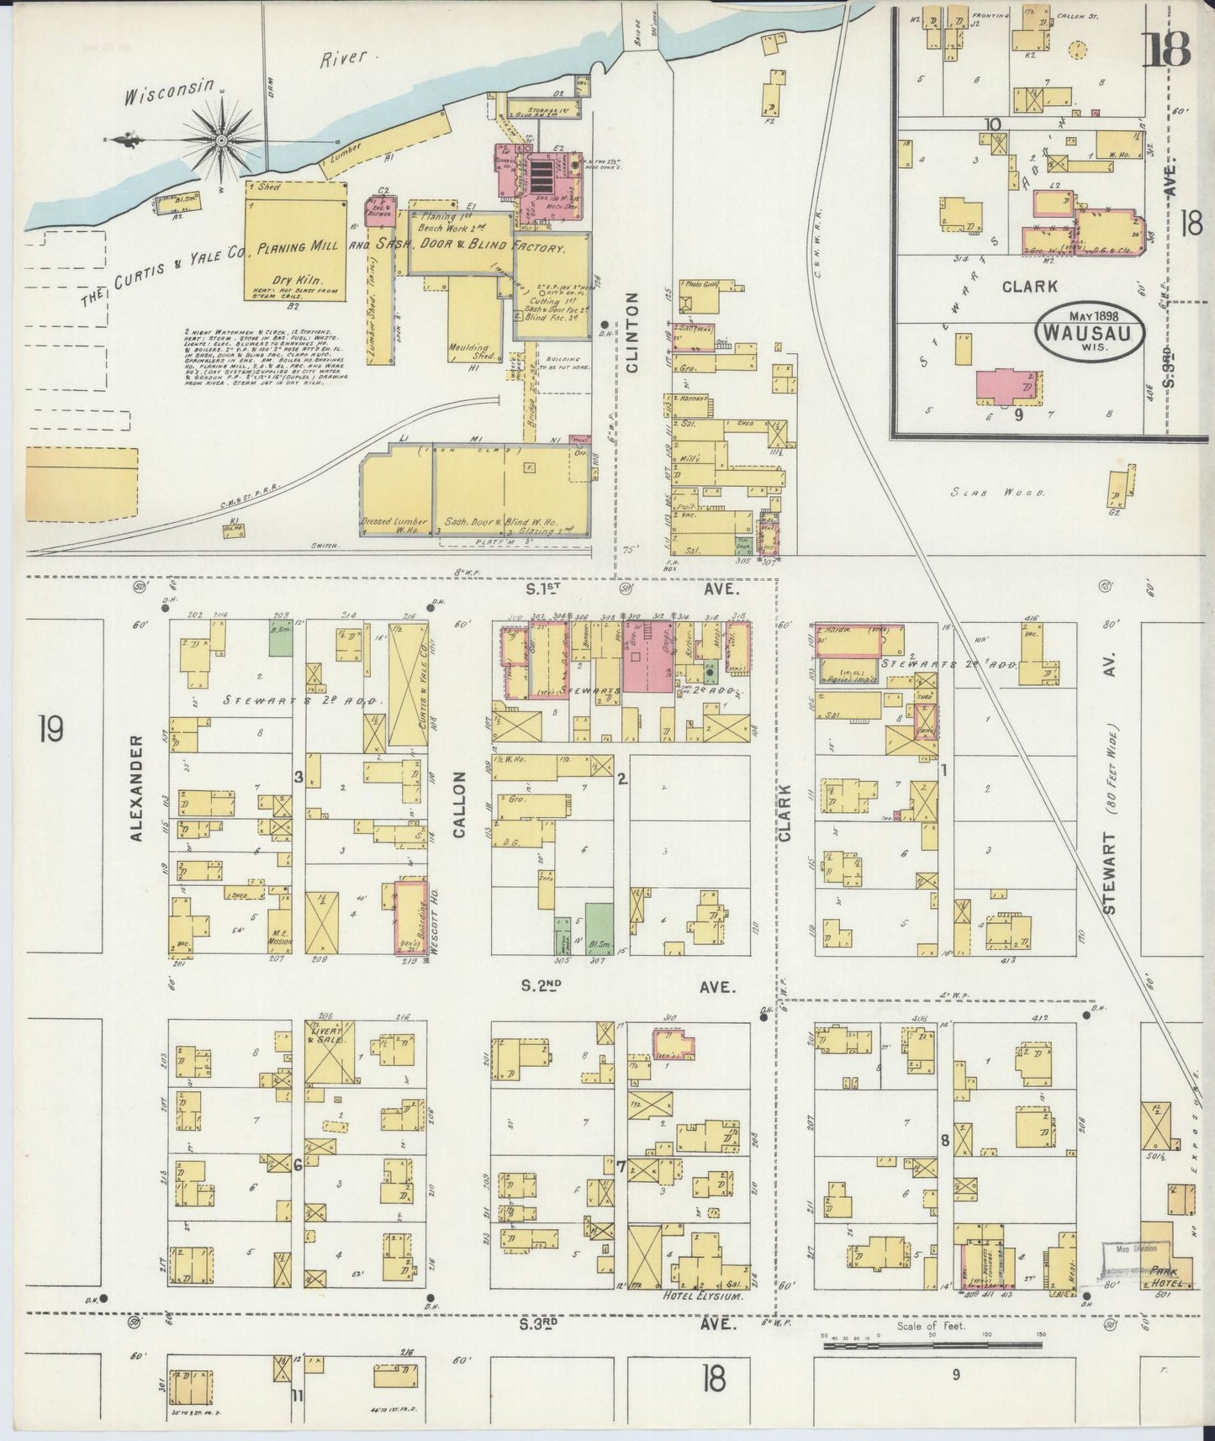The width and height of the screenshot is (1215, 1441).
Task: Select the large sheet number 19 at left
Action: pos(50,729)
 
